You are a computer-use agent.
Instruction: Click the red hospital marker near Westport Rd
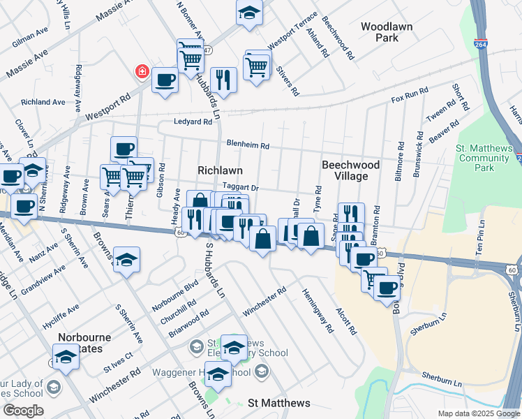[142, 72]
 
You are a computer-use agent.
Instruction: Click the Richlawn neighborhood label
[220, 170]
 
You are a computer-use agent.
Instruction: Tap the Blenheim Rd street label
[247, 145]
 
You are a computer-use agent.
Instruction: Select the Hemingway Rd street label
[318, 310]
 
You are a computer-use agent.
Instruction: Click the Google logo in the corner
[23, 411]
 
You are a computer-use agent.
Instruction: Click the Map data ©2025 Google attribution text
[478, 413]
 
